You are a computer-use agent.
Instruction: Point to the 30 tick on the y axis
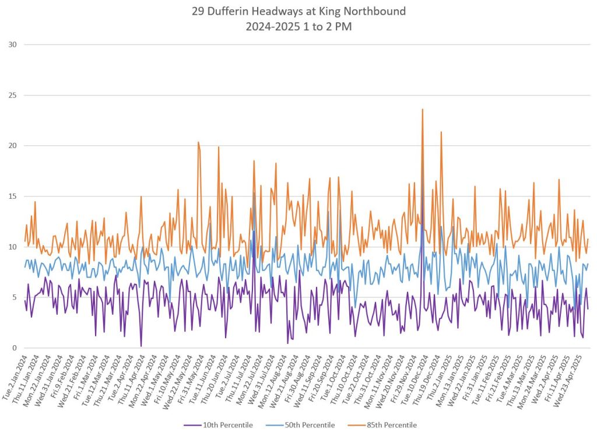tap(12, 45)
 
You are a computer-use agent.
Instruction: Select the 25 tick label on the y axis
tap(12, 96)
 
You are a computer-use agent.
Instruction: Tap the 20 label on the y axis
tap(12, 146)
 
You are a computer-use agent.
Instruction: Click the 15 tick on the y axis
tap(12, 196)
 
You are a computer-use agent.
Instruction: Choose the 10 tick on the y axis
tap(12, 247)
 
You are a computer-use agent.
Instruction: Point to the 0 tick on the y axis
tap(15, 348)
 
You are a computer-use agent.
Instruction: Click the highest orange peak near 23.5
tap(422, 110)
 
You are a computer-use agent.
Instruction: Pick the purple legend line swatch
tap(193, 424)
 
